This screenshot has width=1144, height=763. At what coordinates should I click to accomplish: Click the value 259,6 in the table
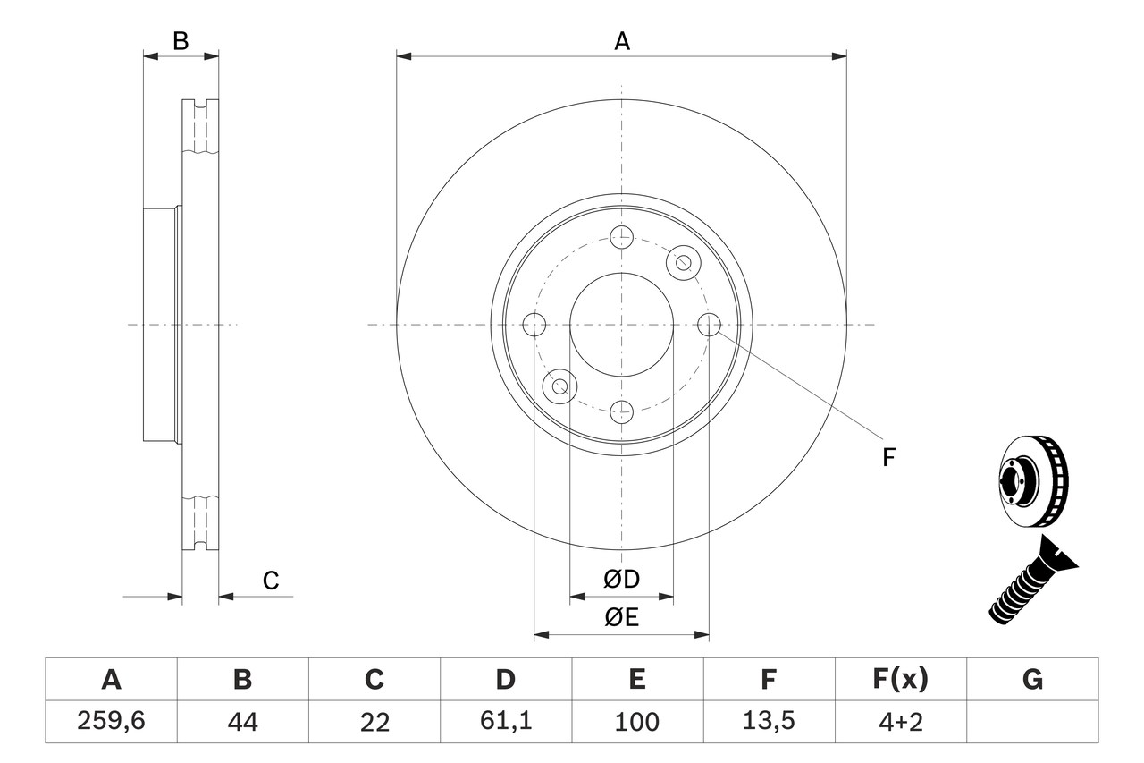coord(111,721)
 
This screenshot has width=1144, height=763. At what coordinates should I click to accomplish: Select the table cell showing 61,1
coord(506,721)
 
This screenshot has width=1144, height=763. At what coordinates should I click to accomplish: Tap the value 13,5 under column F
coord(769,721)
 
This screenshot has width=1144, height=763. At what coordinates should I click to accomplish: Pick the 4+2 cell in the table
coord(900,721)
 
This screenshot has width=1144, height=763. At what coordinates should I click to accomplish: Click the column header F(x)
coord(900,681)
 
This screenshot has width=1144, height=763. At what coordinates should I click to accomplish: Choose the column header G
coord(1032,681)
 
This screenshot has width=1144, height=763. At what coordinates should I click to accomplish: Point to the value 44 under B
coord(242,721)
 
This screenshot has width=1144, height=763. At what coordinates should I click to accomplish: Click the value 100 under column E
coord(637,721)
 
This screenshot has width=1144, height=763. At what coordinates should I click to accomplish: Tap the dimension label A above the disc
coord(622,41)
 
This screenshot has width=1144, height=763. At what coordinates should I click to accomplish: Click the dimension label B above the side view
coord(181,41)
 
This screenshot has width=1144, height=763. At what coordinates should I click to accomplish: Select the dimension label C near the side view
coord(271,581)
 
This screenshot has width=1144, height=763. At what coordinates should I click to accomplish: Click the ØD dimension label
coord(622,580)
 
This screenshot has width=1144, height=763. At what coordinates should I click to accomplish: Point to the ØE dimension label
coord(622,617)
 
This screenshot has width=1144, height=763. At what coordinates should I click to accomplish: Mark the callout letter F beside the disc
coord(888,458)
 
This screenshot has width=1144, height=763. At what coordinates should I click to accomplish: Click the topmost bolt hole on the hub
coord(621,237)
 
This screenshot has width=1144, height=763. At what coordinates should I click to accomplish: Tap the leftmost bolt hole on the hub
coord(534,325)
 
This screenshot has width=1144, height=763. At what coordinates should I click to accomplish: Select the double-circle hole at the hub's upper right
coord(684,262)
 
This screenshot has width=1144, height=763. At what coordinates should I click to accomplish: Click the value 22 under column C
coord(374,721)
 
